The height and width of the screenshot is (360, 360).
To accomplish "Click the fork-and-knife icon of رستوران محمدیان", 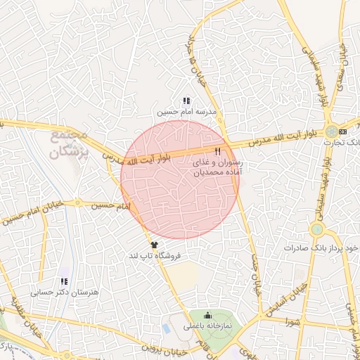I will pyautogui.click(x=218, y=150).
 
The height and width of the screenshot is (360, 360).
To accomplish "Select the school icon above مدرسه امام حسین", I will pyautogui.click(x=186, y=101).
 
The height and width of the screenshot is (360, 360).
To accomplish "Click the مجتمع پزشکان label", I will pyautogui.click(x=68, y=143).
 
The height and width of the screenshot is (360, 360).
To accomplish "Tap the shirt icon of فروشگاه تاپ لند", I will pyautogui.click(x=155, y=245).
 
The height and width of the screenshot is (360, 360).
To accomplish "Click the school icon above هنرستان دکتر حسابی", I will pyautogui.click(x=64, y=281).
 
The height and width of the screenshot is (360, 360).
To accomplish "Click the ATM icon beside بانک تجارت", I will pyautogui.click(x=342, y=131).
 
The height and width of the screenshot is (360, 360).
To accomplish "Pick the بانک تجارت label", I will pyautogui.click(x=342, y=143).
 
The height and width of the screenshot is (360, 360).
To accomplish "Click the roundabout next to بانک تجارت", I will pyautogui.click(x=330, y=131).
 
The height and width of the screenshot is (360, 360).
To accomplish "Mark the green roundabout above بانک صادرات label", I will pyautogui.click(x=317, y=229).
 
